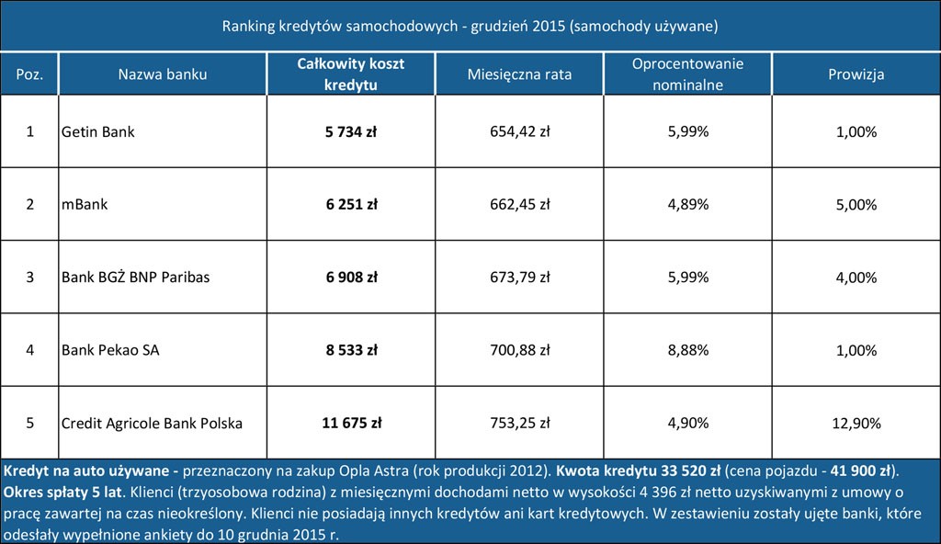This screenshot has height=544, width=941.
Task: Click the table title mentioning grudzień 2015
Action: [470, 26]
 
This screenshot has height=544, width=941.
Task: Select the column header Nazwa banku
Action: [163, 74]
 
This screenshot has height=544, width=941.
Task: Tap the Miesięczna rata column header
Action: [519, 74]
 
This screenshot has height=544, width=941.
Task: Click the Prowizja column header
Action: [856, 74]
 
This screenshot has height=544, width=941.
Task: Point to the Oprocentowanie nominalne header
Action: [687, 74]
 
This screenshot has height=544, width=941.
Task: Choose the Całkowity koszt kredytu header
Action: [351, 74]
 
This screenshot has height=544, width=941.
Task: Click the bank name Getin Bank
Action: [97, 131]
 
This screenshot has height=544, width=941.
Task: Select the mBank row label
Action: [84, 204]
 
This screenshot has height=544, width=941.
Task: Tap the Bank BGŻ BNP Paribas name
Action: [135, 277]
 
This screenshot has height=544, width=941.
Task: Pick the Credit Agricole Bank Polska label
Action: [152, 424]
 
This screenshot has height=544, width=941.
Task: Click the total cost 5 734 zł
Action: [351, 131]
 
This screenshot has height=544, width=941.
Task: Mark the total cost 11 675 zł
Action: [351, 424]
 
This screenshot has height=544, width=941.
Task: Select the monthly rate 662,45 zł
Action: [519, 204]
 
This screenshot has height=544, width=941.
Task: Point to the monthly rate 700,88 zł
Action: [519, 350]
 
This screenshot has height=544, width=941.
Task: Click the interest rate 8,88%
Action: [687, 350]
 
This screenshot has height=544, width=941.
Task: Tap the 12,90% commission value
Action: [856, 424]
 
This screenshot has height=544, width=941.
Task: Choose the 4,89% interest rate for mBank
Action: [687, 204]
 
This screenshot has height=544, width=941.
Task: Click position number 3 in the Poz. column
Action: [29, 277]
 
